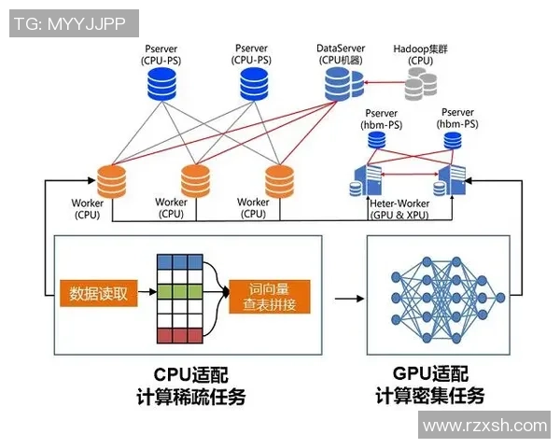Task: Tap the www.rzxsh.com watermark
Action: tap(484, 426)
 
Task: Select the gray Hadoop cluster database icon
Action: tap(420, 86)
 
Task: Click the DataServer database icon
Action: tap(343, 86)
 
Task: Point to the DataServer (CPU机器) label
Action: tap(340, 54)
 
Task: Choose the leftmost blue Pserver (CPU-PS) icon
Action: tap(164, 86)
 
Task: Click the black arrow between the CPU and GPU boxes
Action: tap(347, 299)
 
